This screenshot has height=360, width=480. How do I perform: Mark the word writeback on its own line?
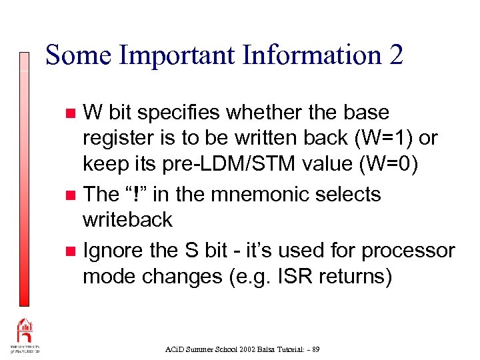click(x=127, y=219)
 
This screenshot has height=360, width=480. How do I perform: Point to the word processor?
click(x=408, y=251)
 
